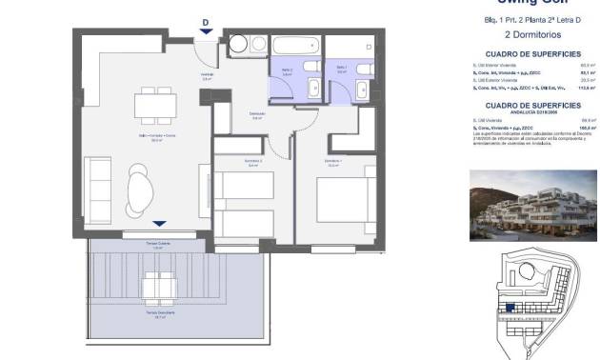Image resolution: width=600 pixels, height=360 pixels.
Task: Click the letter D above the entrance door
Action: coord(206,23)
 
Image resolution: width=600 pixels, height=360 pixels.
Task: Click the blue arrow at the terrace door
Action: coord(155,223)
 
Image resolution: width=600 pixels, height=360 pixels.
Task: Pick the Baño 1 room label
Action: coord(341,68)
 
